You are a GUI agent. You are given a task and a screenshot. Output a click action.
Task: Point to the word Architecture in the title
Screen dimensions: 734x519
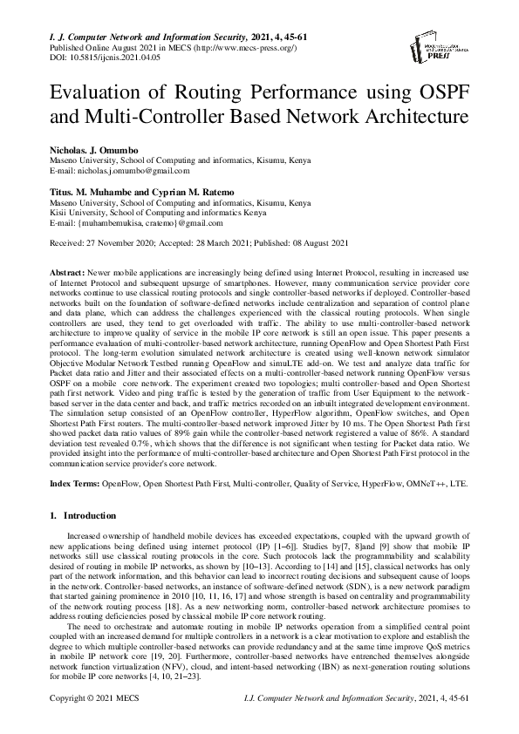[x=413, y=116]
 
